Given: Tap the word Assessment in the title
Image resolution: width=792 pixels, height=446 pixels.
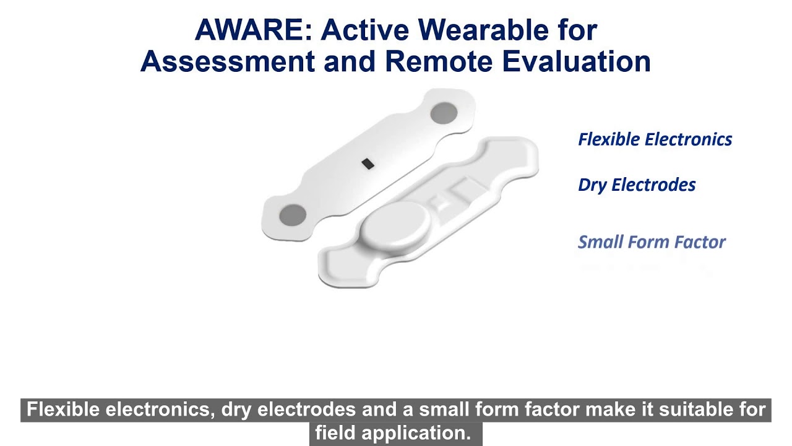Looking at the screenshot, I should [228, 61].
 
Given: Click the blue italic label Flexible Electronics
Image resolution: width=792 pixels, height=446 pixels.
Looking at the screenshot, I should [655, 139].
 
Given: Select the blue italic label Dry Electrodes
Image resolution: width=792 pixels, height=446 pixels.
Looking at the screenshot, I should [637, 185].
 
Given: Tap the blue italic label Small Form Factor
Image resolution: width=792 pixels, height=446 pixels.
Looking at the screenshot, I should [651, 242].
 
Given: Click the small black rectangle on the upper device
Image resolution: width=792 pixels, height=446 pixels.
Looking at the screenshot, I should [368, 164].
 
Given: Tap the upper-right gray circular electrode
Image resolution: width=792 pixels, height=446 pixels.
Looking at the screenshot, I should [443, 113].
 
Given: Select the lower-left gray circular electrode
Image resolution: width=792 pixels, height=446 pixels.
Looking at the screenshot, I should [292, 216].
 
